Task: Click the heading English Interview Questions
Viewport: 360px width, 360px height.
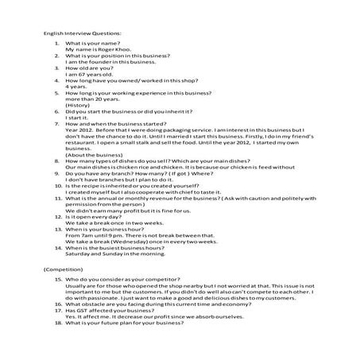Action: click(83, 33)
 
